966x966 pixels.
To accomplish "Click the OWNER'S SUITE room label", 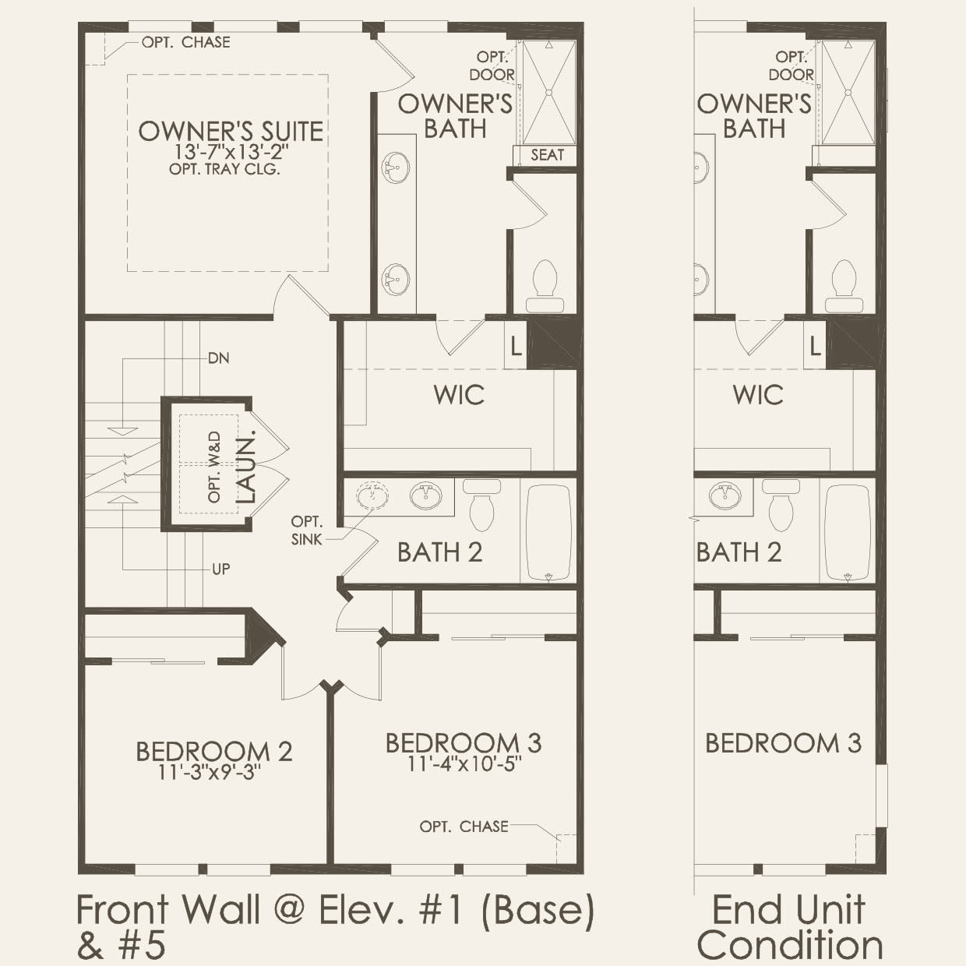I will pyautogui.click(x=231, y=131).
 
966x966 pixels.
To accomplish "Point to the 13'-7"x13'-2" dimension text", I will pyautogui.click(x=231, y=153).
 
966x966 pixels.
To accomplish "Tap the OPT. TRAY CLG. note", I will pyautogui.click(x=224, y=169).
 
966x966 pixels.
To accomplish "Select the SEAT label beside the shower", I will pyautogui.click(x=547, y=154).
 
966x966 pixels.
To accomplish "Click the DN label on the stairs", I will pyautogui.click(x=218, y=358).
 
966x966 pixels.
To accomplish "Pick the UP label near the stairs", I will pyautogui.click(x=221, y=569).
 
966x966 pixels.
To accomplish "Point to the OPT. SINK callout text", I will pyautogui.click(x=307, y=530).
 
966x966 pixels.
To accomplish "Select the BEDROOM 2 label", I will pyautogui.click(x=214, y=752).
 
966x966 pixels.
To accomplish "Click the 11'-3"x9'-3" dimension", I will pyautogui.click(x=208, y=772).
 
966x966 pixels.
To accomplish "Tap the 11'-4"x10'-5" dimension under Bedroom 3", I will pyautogui.click(x=464, y=763).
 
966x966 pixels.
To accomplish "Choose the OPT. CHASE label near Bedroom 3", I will pyautogui.click(x=464, y=826).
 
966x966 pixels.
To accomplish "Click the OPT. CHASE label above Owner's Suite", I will pyautogui.click(x=185, y=42).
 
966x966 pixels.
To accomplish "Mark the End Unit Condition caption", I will pyautogui.click(x=789, y=927).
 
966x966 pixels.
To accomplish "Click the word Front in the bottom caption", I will pyautogui.click(x=125, y=910).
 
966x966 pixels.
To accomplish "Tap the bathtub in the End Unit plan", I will pyautogui.click(x=848, y=533).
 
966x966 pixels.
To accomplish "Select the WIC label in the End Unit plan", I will pyautogui.click(x=758, y=395).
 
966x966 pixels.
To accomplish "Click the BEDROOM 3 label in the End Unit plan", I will pyautogui.click(x=783, y=743).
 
